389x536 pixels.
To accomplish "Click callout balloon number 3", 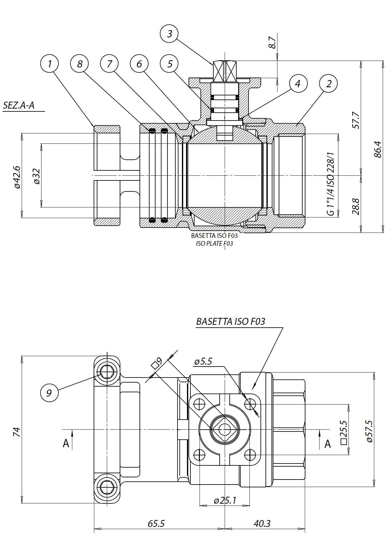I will [169, 34].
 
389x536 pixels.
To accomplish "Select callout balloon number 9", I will [49, 393].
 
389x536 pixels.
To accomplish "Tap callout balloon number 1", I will [49, 64].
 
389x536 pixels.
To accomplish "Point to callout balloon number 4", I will [298, 83].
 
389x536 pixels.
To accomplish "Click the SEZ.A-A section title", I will [19, 105].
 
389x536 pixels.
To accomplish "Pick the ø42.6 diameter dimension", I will [17, 177].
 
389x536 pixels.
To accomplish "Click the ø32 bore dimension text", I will [37, 176].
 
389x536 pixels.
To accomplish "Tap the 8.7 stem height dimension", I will [272, 42].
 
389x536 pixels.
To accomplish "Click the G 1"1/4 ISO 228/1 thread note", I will [331, 184].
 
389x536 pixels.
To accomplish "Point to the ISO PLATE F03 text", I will [214, 244].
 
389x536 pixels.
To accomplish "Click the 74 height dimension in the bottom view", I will [17, 432].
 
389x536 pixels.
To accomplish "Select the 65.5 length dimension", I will [156, 523].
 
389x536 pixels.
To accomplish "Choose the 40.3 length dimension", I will [262, 523].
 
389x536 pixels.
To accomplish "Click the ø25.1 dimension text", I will [225, 500].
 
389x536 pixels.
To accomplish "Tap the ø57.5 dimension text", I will [369, 431].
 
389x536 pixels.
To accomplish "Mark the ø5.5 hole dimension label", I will [203, 362].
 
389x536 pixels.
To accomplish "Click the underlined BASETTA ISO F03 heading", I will [230, 322].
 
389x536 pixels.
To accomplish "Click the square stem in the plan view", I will [225, 429].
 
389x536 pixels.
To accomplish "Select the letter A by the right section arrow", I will [328, 444].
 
